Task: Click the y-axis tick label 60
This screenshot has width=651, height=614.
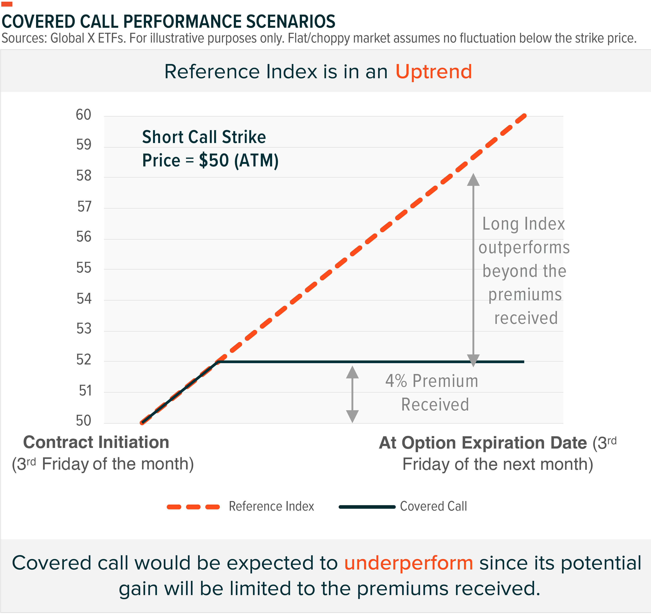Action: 84,115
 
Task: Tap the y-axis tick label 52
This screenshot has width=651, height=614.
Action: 84,360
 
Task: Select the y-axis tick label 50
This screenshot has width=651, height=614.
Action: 84,421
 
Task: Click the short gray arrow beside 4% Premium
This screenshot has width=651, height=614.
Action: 352,394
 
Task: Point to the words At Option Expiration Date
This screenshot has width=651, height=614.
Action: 483,443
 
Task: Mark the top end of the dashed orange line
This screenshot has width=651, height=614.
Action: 524,116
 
